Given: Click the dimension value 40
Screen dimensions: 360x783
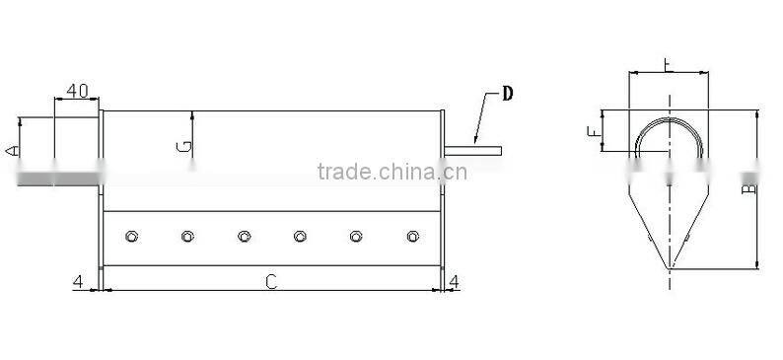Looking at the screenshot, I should pos(77,91).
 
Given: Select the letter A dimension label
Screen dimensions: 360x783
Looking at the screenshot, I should pos(11,150).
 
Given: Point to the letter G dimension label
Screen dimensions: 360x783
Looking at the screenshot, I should pos(183,147).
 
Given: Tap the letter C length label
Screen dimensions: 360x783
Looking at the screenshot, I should pos(271,282).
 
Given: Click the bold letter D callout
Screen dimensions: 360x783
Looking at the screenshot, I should pos(507,95).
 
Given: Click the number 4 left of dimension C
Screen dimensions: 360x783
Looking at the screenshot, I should pos(77,282).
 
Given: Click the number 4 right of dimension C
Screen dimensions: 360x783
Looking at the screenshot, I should pos(454,282).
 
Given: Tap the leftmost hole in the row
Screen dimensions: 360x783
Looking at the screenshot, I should pos(130,236).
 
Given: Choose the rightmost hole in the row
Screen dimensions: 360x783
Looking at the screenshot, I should pos(413,236).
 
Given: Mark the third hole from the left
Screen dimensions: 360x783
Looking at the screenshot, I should pos(244,236).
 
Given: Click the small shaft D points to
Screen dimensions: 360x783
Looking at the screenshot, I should pos(474,151).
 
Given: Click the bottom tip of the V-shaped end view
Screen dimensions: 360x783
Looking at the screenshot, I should pos(671,267).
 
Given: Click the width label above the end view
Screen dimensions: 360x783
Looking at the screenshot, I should pos(669,65).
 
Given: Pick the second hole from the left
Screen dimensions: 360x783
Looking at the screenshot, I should pos(186,236).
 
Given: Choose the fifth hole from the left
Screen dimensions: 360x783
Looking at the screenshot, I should pos(357,236).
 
